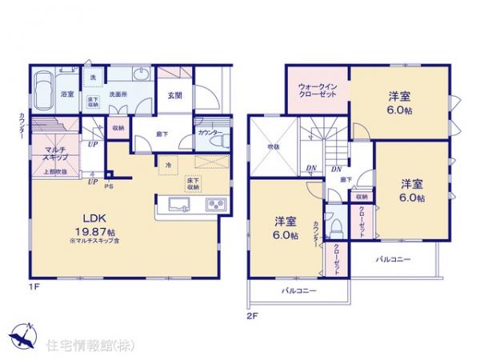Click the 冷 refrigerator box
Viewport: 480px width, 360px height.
click(x=168, y=165)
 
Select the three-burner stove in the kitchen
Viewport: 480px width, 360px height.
click(x=216, y=206)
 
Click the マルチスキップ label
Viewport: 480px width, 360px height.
click(x=55, y=154)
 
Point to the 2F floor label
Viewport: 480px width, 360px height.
click(x=253, y=314)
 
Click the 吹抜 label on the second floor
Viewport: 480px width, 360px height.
click(x=274, y=147)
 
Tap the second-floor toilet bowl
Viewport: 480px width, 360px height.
click(x=337, y=226)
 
